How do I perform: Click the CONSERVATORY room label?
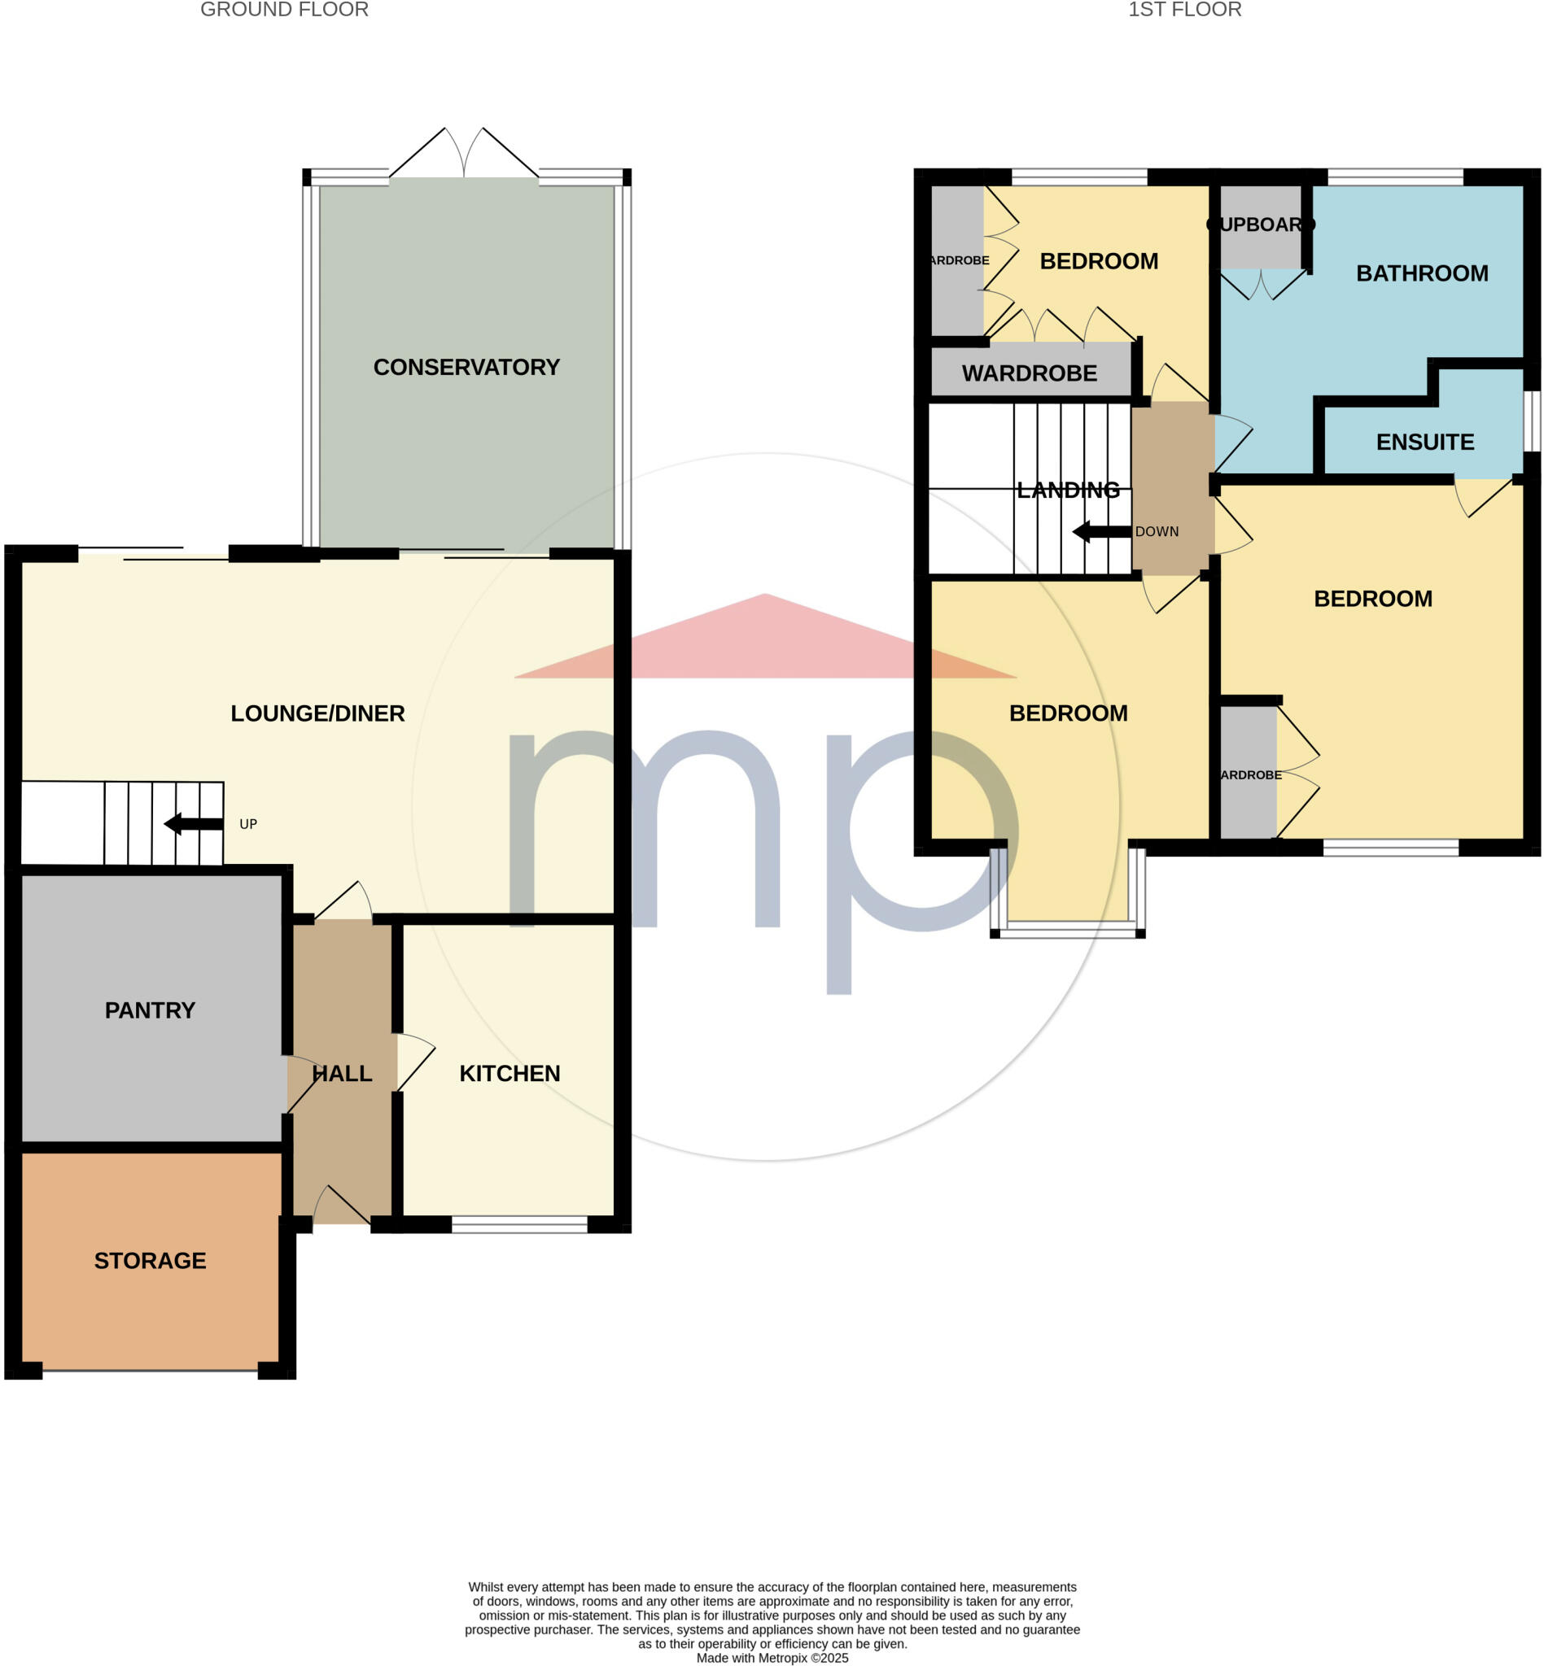[466, 368]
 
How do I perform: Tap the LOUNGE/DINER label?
[317, 713]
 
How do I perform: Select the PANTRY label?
[150, 1010]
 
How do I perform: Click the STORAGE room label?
[150, 1260]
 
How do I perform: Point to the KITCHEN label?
[510, 1073]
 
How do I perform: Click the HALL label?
[342, 1073]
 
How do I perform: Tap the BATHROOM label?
[1422, 273]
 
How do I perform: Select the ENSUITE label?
[1424, 442]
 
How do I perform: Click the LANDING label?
[1068, 491]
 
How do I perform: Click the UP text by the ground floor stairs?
[248, 824]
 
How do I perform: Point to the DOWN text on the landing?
[1157, 532]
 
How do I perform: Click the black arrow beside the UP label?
[193, 824]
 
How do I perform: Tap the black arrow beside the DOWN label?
[1101, 532]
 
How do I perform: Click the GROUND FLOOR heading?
[284, 10]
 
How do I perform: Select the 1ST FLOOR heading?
[1184, 10]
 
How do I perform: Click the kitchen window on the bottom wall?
[519, 1225]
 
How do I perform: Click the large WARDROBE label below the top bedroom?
[1030, 373]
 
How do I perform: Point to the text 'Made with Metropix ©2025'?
[772, 1658]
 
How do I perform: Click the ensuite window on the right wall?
[1532, 421]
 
